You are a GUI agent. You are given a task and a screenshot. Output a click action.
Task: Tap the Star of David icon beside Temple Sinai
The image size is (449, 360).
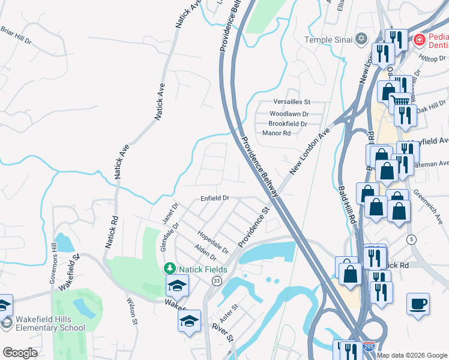[x=361, y=40]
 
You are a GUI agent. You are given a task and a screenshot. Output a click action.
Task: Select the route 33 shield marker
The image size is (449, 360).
[x=217, y=281]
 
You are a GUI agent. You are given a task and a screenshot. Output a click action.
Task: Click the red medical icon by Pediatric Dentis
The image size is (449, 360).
[x=420, y=41]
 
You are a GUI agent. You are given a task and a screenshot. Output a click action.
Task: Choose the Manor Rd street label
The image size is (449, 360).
[x=276, y=133]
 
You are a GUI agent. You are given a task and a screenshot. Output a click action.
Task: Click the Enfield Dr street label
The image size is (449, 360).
[x=215, y=197]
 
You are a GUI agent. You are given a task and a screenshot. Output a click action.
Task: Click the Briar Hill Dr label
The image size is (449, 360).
[x=16, y=34]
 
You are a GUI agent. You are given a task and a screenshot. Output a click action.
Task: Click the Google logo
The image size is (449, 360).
[x=20, y=353]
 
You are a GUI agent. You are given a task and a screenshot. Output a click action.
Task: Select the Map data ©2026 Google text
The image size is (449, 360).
[x=412, y=355]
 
